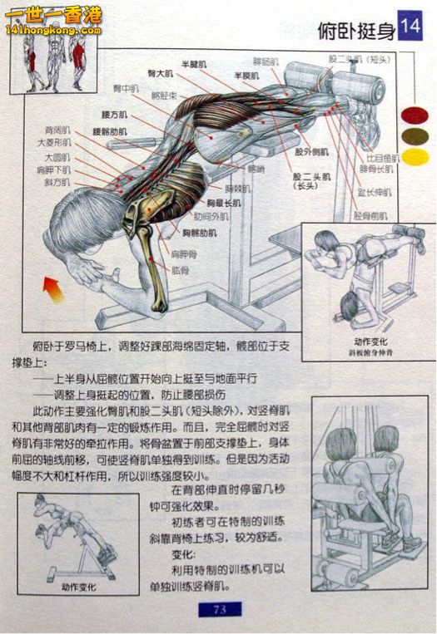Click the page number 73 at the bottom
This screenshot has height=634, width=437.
point(220,609)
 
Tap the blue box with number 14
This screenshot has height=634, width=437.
point(410,27)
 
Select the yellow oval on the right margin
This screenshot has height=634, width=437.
point(415,156)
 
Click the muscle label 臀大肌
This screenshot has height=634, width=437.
point(161,75)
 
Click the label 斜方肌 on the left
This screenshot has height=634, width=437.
point(57,181)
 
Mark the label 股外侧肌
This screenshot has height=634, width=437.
point(308,152)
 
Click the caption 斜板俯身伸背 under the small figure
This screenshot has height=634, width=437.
point(364,352)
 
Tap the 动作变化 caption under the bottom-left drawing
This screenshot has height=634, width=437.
point(79,587)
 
